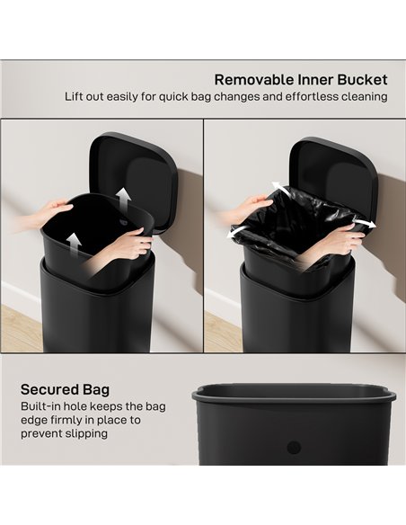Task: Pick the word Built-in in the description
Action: (41, 406)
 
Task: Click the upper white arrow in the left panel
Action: (123, 198)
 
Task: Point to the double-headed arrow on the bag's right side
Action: (361, 222)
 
